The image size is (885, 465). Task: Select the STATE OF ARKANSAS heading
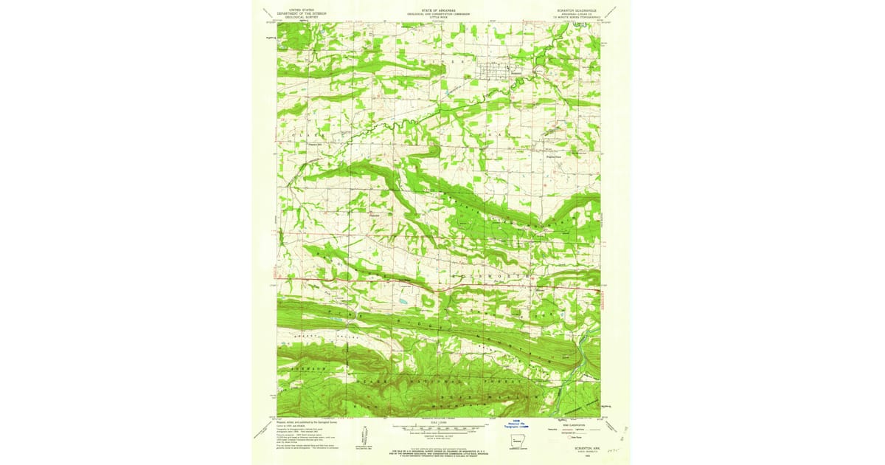(x=439, y=10)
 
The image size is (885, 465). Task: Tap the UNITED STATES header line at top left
(x=305, y=10)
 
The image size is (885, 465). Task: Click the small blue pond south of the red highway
(x=401, y=302)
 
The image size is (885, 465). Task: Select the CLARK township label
(x=302, y=136)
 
